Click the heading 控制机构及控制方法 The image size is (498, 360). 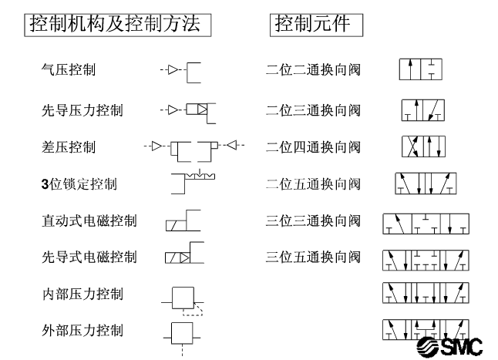point(115,24)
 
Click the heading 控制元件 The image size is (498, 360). point(312,24)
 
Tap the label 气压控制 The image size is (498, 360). point(69,69)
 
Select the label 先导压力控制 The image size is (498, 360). point(82,110)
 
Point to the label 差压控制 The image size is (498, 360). point(69,147)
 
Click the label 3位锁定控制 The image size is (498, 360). point(79,183)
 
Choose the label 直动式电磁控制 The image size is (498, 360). point(89,220)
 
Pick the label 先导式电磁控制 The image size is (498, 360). point(89,257)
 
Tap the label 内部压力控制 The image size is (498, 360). point(82,294)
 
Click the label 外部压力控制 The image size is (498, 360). point(82,330)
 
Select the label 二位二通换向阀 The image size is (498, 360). point(313,69)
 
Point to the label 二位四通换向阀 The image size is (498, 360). point(313,147)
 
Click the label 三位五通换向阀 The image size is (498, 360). point(313,257)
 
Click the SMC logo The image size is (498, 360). point(449,347)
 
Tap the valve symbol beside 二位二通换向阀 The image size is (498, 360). point(420,69)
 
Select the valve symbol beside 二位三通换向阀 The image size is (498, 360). point(423,110)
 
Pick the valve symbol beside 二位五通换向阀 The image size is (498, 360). point(426,183)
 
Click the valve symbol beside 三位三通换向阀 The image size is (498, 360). point(426,224)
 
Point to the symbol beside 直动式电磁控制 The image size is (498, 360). point(183,220)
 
